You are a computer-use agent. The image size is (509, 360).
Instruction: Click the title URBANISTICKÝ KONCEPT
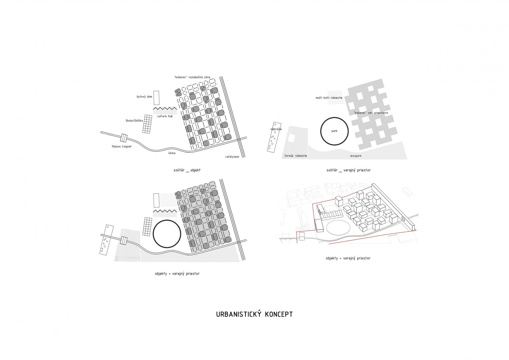coord(254,314)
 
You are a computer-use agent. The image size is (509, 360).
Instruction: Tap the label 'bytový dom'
coord(144,97)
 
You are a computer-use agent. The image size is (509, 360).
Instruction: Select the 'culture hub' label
coord(165,116)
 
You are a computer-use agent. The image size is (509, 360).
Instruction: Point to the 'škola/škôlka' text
coord(134,120)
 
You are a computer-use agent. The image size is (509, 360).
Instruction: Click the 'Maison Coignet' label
coord(122,147)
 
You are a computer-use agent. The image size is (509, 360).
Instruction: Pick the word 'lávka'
coord(172,153)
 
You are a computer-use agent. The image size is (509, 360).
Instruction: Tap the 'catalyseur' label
coord(232,157)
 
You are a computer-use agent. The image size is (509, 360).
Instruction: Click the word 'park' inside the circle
coord(334,131)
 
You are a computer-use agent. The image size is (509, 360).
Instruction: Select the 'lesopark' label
coord(356,156)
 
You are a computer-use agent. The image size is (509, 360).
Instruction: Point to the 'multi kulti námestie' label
coord(329,98)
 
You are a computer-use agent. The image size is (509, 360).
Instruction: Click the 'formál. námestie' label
coord(296,156)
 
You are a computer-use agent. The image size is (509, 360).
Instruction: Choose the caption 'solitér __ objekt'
coord(187,170)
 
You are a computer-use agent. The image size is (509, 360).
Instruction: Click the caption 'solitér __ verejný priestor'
coord(349,170)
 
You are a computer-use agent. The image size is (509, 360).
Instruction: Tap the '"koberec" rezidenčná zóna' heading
coord(192,77)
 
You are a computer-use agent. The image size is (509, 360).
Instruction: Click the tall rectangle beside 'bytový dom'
coord(156,98)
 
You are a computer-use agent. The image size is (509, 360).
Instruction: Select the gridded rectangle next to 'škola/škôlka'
coord(147,124)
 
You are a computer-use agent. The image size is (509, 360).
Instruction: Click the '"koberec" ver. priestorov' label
coord(371,113)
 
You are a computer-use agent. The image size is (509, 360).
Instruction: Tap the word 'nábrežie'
coord(276,129)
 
